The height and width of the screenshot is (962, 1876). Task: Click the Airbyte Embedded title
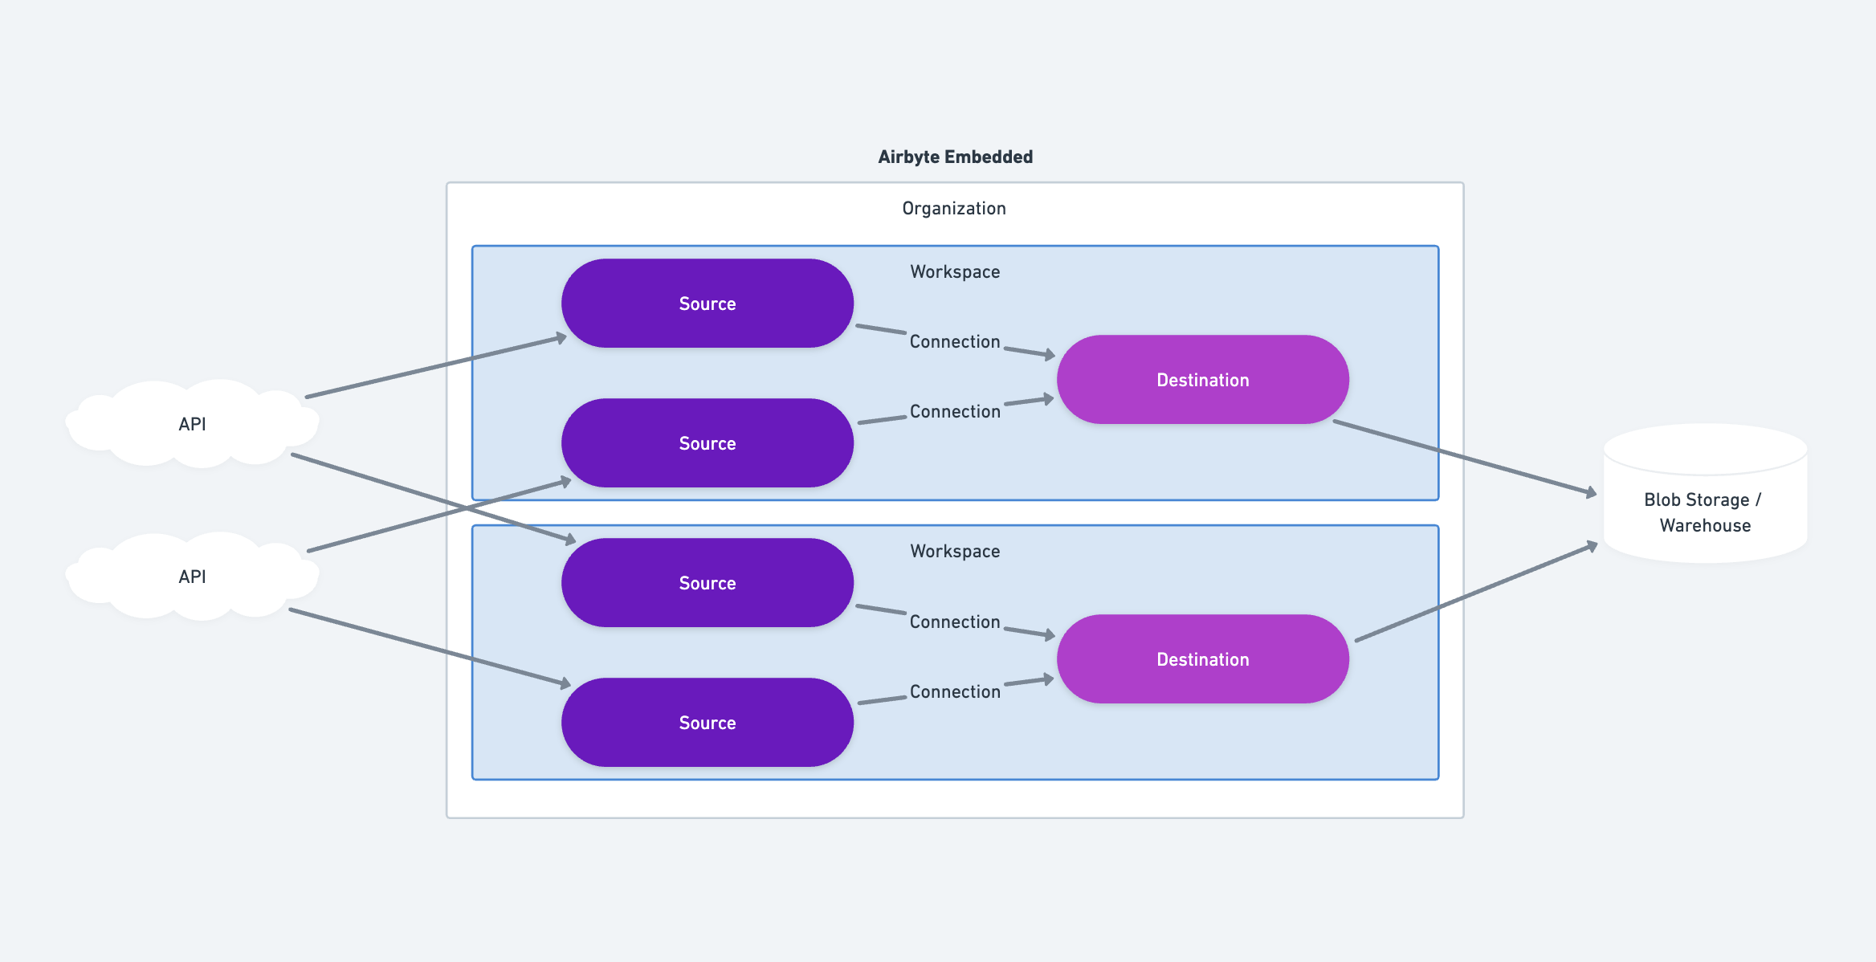[955, 157]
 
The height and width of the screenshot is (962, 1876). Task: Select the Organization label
[953, 208]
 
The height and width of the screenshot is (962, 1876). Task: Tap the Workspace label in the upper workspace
[955, 271]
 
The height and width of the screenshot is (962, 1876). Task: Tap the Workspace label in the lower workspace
[955, 551]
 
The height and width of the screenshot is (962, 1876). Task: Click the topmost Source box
[707, 304]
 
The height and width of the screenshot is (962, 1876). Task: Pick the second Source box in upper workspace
[707, 443]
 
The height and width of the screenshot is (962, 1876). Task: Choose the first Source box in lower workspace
[707, 583]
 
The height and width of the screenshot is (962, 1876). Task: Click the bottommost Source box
[707, 723]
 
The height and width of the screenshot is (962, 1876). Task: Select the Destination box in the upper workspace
[1202, 380]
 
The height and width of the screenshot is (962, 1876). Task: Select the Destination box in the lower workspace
[1202, 659]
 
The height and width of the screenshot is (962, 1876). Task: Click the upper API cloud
[192, 424]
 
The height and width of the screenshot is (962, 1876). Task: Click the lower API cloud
[192, 577]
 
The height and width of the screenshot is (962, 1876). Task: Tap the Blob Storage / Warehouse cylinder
[1704, 494]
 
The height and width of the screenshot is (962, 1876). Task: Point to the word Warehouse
[1705, 526]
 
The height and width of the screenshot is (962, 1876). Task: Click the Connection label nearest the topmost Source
[955, 341]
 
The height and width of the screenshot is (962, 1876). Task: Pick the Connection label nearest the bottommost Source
[955, 691]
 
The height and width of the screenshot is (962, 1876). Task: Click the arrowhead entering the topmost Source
[561, 338]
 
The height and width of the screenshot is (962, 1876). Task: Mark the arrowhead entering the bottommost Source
[565, 683]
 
